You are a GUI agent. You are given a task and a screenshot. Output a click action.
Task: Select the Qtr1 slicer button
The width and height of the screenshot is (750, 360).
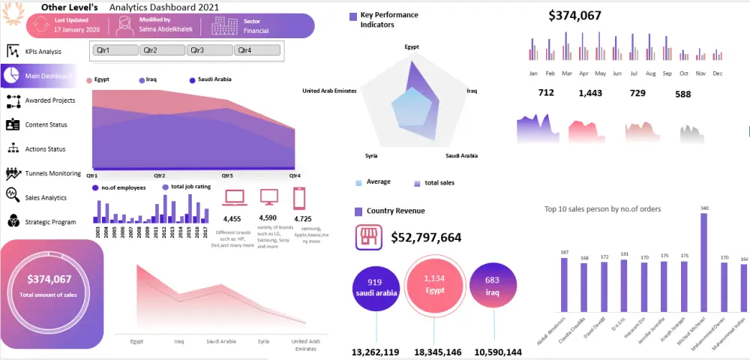point(115,50)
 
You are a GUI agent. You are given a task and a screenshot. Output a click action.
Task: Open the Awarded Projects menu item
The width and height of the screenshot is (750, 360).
point(49,100)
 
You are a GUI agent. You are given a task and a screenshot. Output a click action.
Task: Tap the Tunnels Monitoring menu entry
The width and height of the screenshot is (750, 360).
point(52,173)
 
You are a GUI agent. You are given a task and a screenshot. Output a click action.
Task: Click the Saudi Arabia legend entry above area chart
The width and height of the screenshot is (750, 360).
point(214,79)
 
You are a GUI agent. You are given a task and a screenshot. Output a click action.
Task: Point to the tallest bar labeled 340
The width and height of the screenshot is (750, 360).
point(704,262)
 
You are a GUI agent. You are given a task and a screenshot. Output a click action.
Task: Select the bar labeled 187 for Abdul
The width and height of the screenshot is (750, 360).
point(564,285)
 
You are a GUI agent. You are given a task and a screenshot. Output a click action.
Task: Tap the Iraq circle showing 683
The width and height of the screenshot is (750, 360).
point(493,286)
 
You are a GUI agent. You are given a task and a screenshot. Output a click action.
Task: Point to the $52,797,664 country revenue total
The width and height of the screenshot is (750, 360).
point(426,238)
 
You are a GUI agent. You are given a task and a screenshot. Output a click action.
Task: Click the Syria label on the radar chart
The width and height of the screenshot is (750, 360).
point(371,155)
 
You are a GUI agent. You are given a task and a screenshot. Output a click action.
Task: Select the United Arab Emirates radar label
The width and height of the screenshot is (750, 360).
point(329,91)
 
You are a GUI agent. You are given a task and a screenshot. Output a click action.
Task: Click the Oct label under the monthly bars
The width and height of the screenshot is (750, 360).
point(684,73)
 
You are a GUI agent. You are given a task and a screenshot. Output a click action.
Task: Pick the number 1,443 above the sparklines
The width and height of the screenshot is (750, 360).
point(590,93)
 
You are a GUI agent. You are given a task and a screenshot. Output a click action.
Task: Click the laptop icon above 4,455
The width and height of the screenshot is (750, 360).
point(235,197)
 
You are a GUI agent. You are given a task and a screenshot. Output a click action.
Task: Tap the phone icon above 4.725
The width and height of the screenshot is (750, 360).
point(300,198)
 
